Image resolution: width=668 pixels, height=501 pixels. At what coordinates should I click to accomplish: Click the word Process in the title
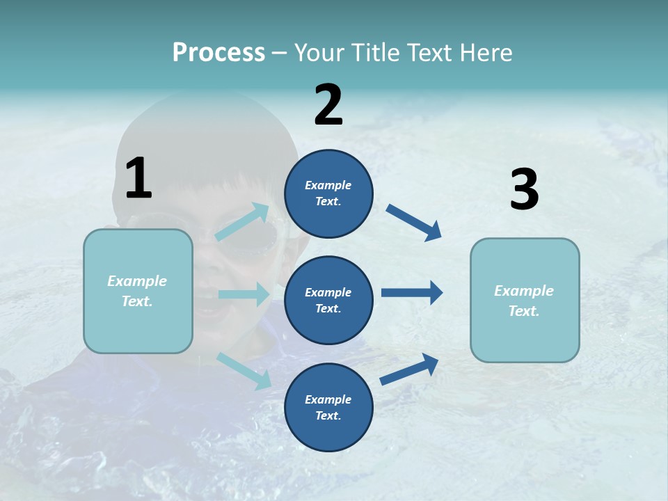218,53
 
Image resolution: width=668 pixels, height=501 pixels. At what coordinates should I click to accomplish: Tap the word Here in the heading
484,53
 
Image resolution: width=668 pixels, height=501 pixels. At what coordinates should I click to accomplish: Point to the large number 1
138,178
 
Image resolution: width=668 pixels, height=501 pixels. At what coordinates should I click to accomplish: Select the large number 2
328,105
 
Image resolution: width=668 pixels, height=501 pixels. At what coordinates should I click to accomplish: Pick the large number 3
524,190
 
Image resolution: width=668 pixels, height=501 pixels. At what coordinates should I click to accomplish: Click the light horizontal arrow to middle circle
244,294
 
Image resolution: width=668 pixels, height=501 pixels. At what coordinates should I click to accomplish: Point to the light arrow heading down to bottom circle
244,371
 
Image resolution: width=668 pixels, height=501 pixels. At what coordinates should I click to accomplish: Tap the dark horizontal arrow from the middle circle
412,292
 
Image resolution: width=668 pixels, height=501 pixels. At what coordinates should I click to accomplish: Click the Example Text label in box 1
137,291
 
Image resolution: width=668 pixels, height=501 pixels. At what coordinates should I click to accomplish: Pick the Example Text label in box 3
524,301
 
